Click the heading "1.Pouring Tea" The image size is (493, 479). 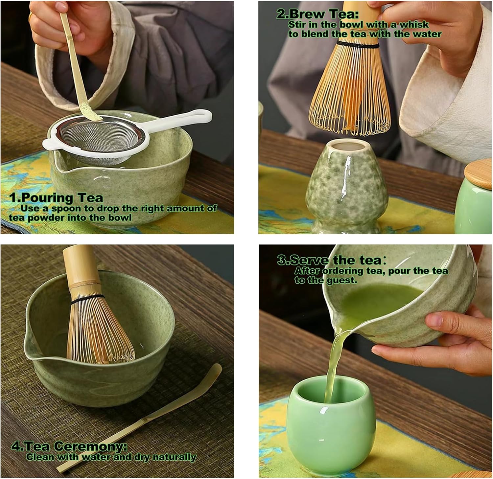pos(56,198)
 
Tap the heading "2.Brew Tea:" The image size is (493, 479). pos(317,14)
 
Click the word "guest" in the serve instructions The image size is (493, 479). pos(342,280)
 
